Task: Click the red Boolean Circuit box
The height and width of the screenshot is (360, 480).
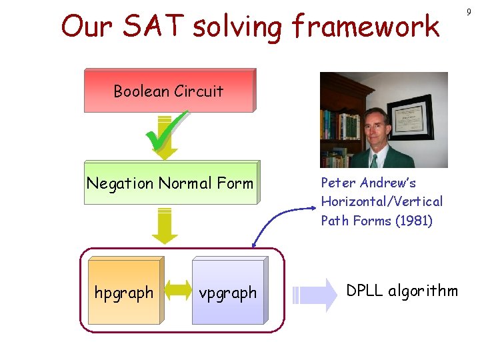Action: pos(169,91)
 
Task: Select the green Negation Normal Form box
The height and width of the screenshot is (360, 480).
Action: pos(170,183)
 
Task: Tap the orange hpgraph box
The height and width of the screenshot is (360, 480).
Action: pos(124,293)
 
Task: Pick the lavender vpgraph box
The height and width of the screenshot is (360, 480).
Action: pos(228,293)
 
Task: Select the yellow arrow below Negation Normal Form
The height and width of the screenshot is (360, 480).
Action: pos(165,225)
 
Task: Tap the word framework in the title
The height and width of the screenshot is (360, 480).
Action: pos(365,27)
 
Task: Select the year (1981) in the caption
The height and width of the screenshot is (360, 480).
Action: pos(413,221)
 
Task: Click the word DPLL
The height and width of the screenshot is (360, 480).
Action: pos(365,291)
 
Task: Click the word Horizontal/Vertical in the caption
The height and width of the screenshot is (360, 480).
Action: pos(381,201)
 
